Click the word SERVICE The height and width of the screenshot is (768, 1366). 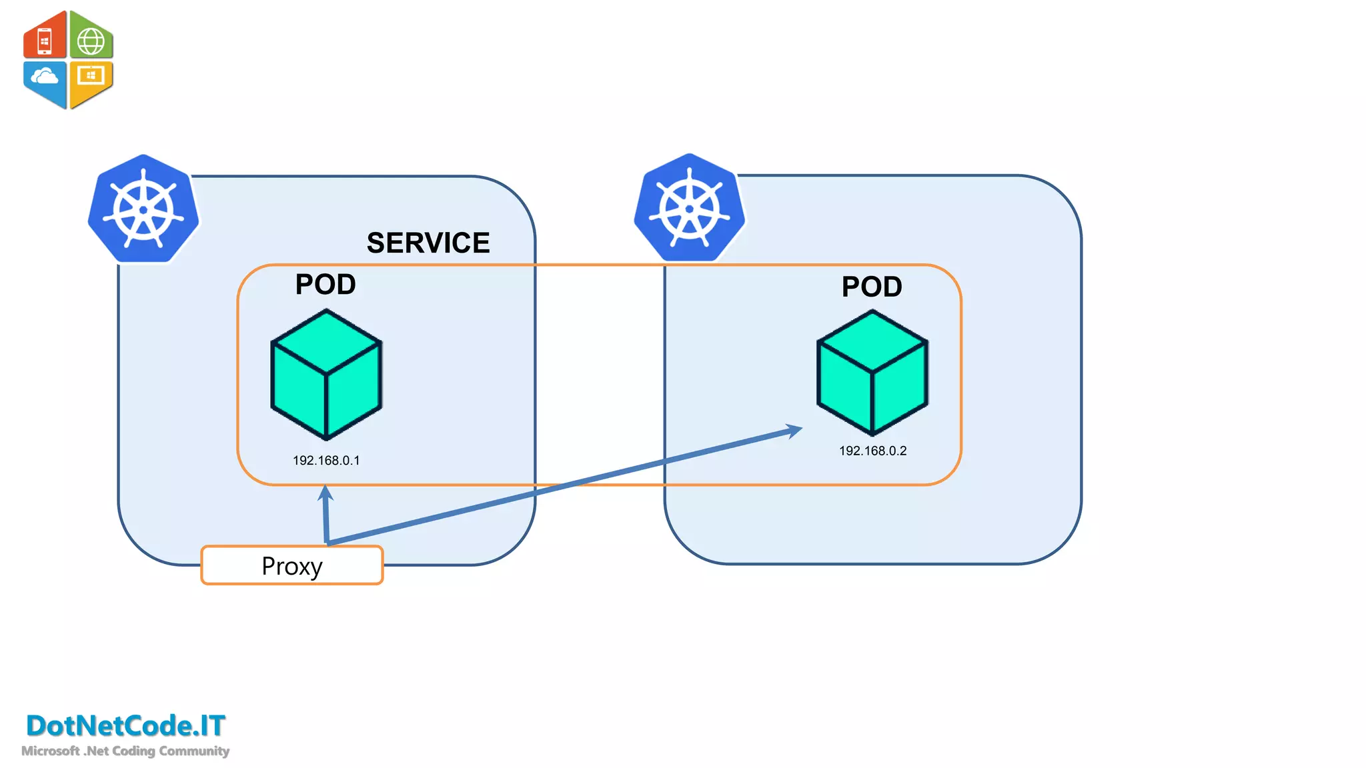(x=428, y=243)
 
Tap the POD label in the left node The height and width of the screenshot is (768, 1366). (x=325, y=285)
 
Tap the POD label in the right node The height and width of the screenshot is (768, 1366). (x=872, y=287)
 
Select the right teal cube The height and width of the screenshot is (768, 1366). (x=872, y=373)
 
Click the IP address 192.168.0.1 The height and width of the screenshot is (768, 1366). (x=326, y=461)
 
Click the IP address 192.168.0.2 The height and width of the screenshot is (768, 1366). (x=872, y=451)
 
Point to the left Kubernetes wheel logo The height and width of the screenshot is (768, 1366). (x=143, y=209)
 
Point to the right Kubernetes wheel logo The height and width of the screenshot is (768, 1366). (x=690, y=208)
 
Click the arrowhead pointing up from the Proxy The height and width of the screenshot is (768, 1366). (x=325, y=493)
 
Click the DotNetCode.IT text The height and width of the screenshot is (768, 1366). (x=125, y=725)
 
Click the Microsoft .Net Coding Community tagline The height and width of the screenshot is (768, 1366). (x=125, y=751)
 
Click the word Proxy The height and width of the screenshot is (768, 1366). (x=292, y=566)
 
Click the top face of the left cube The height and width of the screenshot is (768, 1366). (x=326, y=341)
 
